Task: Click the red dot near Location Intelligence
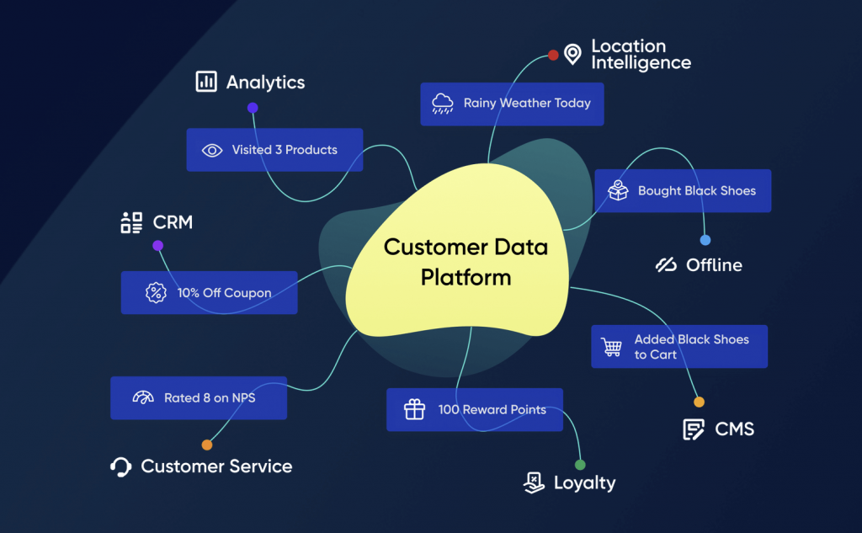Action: pos(553,55)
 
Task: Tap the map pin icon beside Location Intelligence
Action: pos(573,55)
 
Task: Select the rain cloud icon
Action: pos(442,104)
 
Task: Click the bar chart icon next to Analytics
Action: pos(205,82)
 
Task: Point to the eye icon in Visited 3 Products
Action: pos(212,150)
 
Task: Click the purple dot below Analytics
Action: pos(253,108)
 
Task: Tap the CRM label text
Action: pos(173,223)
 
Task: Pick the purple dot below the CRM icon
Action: pos(157,246)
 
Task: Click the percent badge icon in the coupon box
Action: pos(156,293)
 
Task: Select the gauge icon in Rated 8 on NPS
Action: pos(143,397)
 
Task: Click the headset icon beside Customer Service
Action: pos(121,466)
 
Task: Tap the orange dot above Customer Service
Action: pos(207,445)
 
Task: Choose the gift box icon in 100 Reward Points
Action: pos(414,410)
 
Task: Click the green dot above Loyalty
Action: pos(580,465)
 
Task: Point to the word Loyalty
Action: pos(584,483)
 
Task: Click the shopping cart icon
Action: pos(611,346)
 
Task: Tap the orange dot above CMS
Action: pos(699,402)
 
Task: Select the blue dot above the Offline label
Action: pos(705,240)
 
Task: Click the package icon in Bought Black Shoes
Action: pos(619,190)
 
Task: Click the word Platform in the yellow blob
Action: pos(466,277)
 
